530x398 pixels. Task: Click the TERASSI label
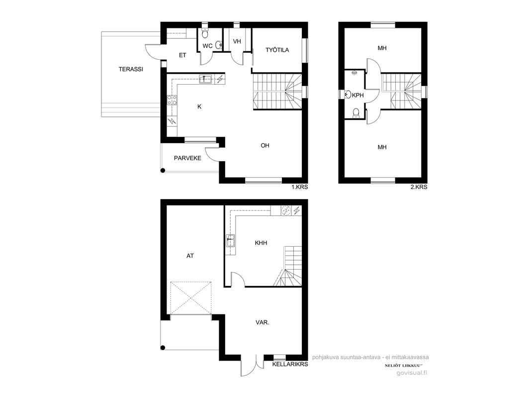pos(131,69)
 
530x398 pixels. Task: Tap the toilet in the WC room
pos(205,33)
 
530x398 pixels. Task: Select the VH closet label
pos(237,41)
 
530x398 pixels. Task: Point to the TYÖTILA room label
pos(277,50)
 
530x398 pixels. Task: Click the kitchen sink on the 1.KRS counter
pos(205,80)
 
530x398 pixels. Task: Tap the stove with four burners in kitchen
pos(172,99)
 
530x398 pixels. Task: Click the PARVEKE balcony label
pos(187,158)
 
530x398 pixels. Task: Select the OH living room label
pos(265,146)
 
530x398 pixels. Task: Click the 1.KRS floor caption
pos(300,187)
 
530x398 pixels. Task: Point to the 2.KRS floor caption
pos(419,187)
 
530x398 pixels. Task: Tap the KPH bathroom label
pos(358,96)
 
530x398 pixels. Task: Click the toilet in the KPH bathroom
pos(356,113)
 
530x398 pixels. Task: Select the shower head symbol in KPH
pos(354,73)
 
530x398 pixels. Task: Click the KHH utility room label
pos(261,243)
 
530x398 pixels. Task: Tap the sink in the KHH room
pos(231,241)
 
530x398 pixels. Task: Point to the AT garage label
pos(190,256)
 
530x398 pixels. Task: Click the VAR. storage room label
pos(263,322)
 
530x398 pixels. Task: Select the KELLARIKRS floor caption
pos(290,364)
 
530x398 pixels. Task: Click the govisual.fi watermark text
pos(412,373)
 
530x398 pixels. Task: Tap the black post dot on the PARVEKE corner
pos(163,171)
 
